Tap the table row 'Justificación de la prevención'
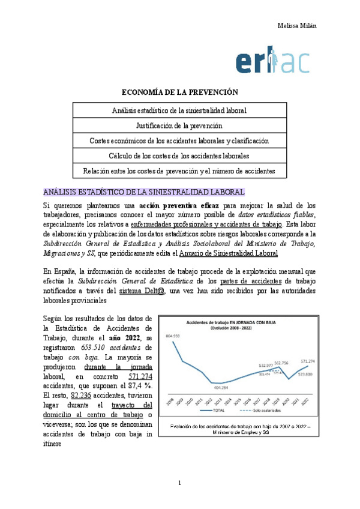(180, 126)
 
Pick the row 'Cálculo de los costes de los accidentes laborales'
(180, 155)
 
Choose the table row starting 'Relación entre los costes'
(180, 170)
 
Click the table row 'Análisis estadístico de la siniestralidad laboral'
(180, 111)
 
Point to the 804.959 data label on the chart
(173, 335)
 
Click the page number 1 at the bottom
(179, 483)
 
